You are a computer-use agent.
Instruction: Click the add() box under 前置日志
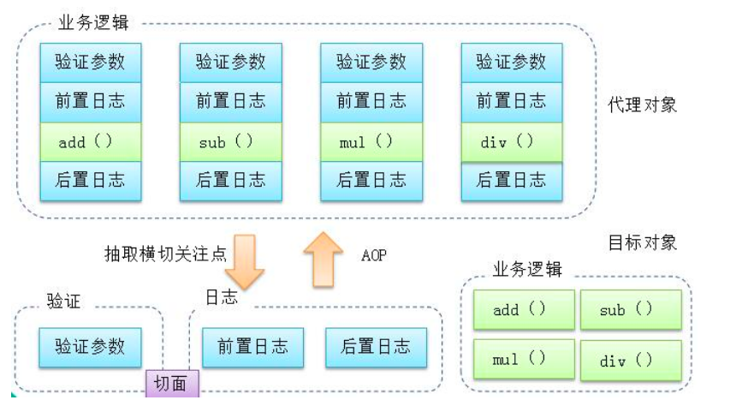click(x=90, y=142)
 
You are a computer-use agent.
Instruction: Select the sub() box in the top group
click(x=230, y=142)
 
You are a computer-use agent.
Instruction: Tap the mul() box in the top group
click(x=371, y=142)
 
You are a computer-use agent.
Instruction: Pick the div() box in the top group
click(x=511, y=142)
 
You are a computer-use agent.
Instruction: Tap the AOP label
click(x=375, y=254)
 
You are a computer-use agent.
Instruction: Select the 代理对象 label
click(x=642, y=105)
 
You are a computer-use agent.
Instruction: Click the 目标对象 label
click(x=642, y=242)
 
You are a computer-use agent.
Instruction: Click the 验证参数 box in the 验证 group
click(x=90, y=347)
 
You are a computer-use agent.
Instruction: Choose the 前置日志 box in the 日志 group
click(x=252, y=347)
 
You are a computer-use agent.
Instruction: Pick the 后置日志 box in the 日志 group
click(x=376, y=347)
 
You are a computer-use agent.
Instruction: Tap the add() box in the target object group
click(x=523, y=310)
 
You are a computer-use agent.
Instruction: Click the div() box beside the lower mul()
click(x=631, y=361)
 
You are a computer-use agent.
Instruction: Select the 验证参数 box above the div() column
click(x=511, y=62)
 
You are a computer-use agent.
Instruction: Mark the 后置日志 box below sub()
click(x=230, y=181)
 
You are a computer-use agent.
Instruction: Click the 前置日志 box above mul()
click(x=371, y=102)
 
